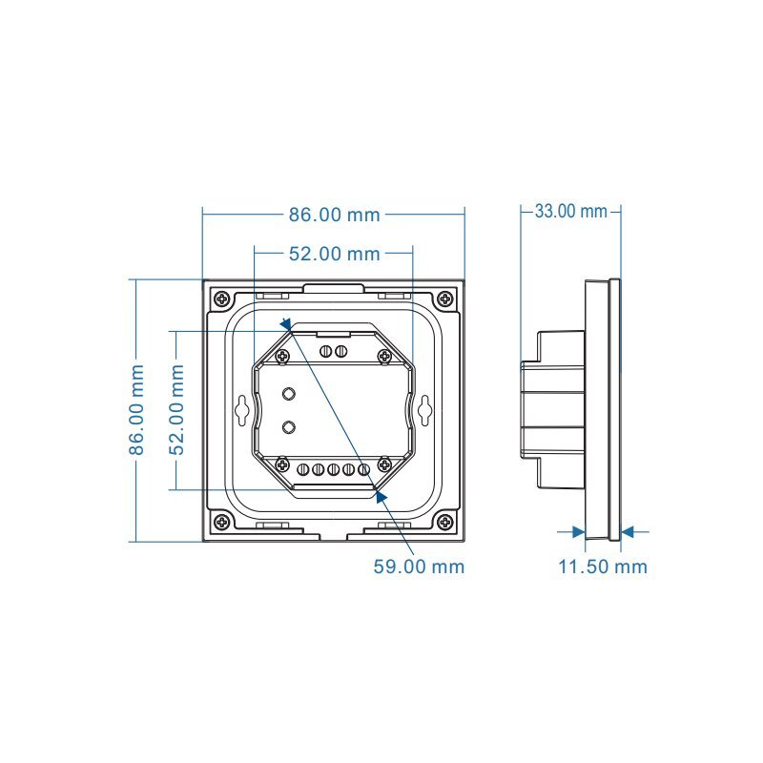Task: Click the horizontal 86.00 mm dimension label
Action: [334, 215]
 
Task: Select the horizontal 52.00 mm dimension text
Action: [334, 254]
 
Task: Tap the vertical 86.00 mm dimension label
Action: [137, 409]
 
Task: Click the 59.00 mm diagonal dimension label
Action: [419, 567]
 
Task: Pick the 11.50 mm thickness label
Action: [602, 567]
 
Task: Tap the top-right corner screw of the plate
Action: [445, 299]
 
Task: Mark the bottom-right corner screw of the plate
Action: [445, 522]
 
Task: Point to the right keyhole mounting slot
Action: [423, 410]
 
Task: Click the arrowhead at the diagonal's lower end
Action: [381, 494]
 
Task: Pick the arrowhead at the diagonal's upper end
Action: [286, 325]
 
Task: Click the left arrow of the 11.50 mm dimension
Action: [578, 532]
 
